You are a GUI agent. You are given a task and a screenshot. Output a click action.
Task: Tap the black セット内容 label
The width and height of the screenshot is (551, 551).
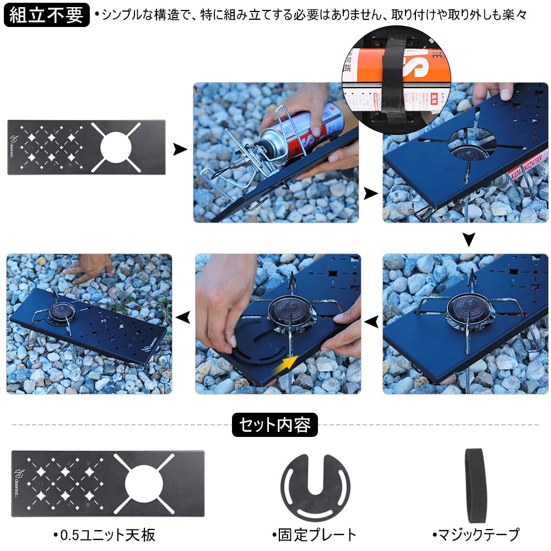coord(275,425)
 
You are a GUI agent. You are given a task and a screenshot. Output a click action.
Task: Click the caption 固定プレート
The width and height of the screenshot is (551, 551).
coord(314,534)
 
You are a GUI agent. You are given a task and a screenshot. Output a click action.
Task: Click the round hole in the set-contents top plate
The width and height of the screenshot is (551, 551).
coord(145,484)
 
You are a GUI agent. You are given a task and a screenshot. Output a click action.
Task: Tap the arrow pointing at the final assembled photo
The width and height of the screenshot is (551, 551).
coord(182,317)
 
